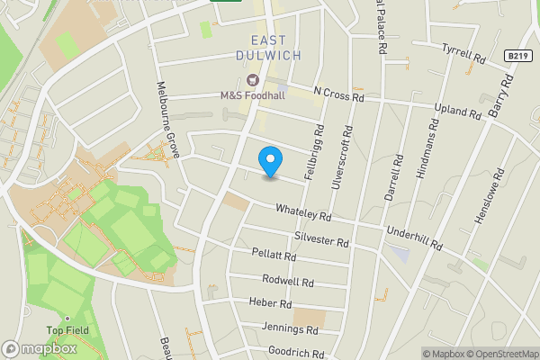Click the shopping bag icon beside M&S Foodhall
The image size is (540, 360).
252,79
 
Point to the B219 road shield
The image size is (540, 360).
515,56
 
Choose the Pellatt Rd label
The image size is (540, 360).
274,256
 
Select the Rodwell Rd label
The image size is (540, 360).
289,282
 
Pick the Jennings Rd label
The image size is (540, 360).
288,329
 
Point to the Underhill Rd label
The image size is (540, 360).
414,238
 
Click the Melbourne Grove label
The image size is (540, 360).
168,123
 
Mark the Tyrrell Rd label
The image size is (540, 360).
463,53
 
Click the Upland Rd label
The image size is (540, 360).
458,111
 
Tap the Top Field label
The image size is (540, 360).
67,330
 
